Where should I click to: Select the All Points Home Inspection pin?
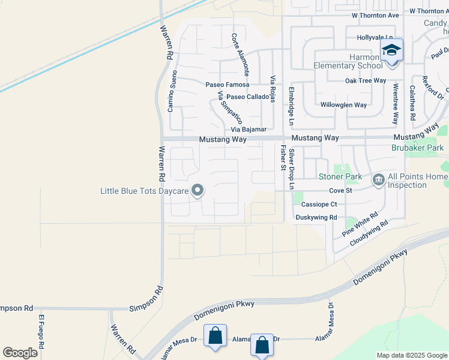(379, 179)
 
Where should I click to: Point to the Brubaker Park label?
(417, 147)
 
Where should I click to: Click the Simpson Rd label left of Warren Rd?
(16, 308)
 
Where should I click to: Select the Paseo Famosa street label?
(227, 85)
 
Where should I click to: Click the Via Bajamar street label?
(249, 129)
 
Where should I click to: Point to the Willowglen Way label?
(343, 104)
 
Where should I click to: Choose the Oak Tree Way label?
(365, 80)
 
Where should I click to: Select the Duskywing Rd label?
(316, 217)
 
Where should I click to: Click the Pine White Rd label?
(360, 223)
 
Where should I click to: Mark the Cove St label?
(339, 191)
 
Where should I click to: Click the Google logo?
(20, 353)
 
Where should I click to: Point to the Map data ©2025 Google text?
(411, 355)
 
